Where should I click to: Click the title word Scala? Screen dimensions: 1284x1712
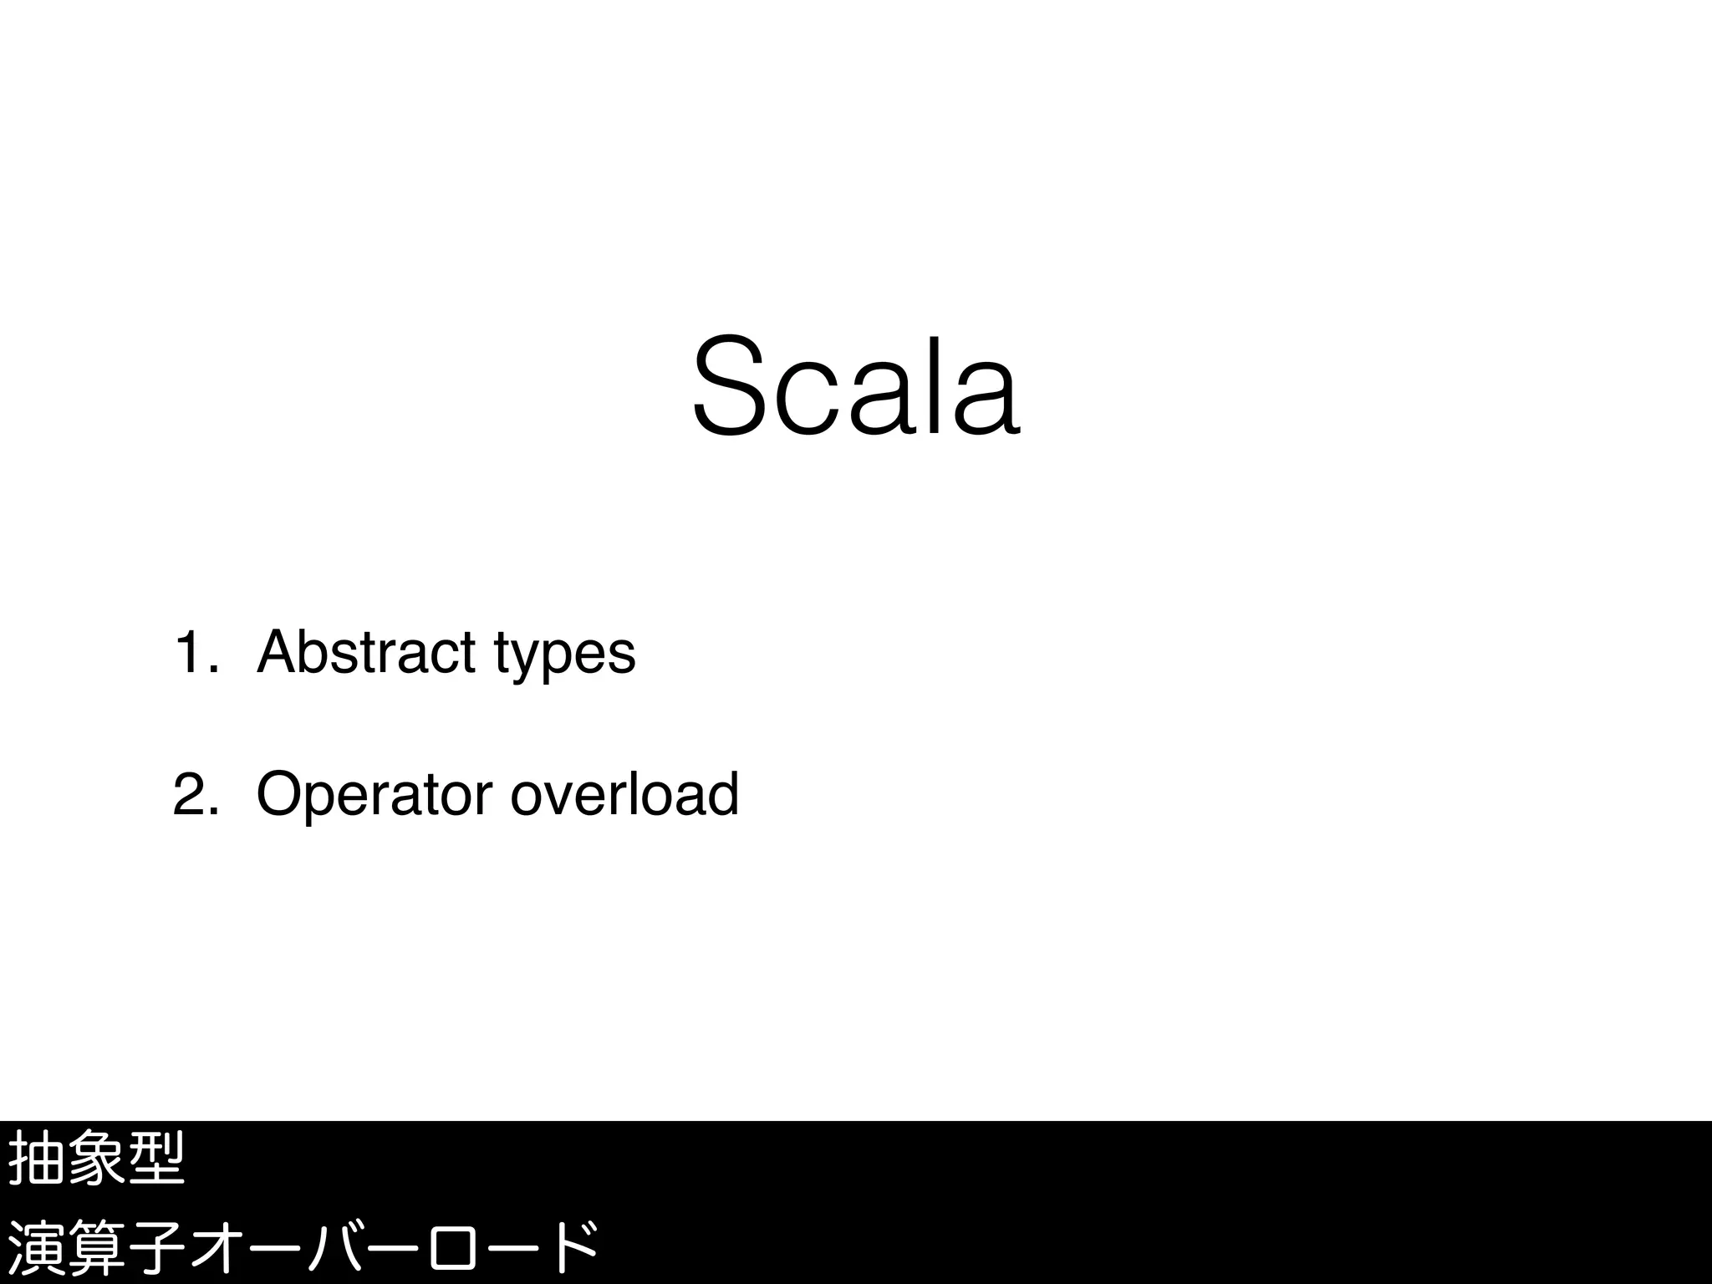(856, 387)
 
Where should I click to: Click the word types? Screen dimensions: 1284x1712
(564, 656)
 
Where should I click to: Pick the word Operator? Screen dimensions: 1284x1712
(374, 796)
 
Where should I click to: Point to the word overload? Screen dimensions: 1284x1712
(624, 794)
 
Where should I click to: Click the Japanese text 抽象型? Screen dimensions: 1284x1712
(96, 1159)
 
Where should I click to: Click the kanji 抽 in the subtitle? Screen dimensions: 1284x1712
(36, 1159)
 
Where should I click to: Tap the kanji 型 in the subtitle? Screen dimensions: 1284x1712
(156, 1159)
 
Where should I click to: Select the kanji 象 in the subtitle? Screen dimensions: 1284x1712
(96, 1159)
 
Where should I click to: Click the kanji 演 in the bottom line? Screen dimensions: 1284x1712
(36, 1248)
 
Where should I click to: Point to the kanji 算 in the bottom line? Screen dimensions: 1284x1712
(96, 1248)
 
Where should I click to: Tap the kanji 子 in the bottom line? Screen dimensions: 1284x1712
(156, 1248)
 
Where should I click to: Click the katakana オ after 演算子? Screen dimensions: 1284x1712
(217, 1248)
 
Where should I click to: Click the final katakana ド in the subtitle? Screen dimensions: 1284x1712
(573, 1248)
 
